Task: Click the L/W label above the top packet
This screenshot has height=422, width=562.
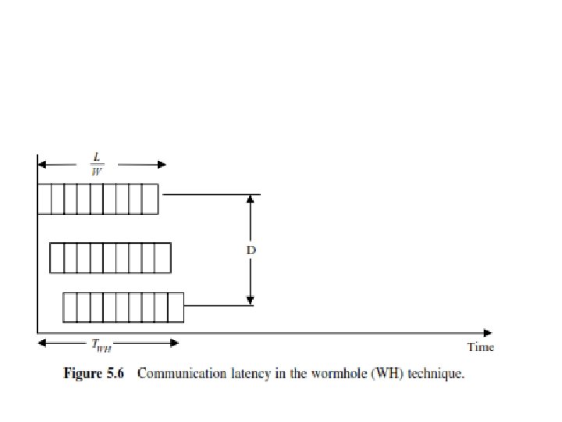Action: (x=101, y=164)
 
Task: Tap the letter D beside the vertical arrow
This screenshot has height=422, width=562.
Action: (x=251, y=251)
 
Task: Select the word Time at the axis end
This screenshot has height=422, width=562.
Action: (x=481, y=347)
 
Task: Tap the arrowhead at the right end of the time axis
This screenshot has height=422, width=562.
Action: (x=489, y=332)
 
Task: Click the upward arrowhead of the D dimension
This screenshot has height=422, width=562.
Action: (x=251, y=199)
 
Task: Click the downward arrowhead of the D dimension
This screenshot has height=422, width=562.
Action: (x=251, y=301)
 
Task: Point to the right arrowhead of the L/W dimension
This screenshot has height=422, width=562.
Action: (x=162, y=164)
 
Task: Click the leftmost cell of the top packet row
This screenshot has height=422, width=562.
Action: (x=44, y=198)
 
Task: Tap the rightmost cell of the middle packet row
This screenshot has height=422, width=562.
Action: (x=163, y=258)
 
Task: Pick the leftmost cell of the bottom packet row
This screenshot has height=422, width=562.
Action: (x=69, y=306)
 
